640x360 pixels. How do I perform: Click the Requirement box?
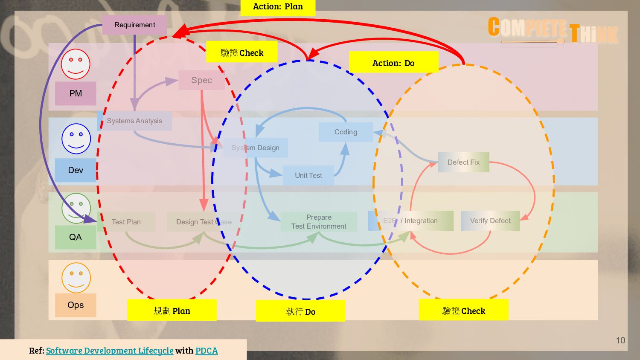134,25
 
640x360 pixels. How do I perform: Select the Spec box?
201,80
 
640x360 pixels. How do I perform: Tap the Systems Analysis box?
134,121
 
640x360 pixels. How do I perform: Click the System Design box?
256,148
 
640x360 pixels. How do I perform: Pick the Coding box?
346,132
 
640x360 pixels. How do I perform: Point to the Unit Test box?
308,176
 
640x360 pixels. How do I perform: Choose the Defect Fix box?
463,163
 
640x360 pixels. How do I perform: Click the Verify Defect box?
490,221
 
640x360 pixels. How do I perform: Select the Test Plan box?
126,222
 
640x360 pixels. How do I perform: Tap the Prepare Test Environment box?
319,222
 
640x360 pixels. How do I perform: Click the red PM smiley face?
76,64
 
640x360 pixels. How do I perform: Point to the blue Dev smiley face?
76,139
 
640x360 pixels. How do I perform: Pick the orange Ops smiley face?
76,278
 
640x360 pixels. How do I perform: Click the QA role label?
76,237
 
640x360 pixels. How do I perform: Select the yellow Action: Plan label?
278,7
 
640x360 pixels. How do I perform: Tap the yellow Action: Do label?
393,63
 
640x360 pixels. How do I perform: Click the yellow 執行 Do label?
300,311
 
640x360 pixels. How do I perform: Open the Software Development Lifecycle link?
110,351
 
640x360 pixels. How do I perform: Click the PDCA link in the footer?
207,351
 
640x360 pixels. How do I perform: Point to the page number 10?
620,340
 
